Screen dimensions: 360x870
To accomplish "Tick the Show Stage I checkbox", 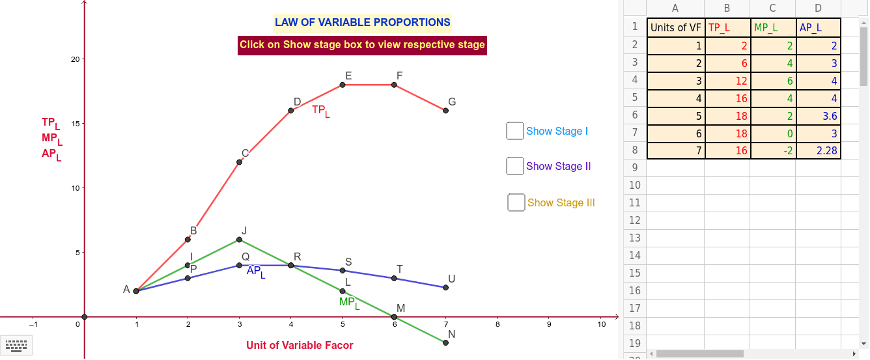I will [515, 131].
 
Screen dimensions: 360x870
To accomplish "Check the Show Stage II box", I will [515, 166].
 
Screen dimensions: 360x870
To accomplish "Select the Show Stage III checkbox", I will [516, 202].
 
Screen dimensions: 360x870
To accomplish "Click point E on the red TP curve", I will [343, 85].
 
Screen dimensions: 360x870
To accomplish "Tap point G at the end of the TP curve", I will [445, 111].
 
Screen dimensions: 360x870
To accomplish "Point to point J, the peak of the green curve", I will [239, 240].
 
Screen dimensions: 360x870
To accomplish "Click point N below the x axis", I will [445, 342].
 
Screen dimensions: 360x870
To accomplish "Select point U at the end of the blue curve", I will [445, 287].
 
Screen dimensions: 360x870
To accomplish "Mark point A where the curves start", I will [136, 291].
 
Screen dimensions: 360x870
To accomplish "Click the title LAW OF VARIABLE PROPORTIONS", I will [362, 22].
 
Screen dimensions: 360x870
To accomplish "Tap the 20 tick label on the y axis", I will [75, 59].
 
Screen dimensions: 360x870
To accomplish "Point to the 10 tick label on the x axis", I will [601, 324].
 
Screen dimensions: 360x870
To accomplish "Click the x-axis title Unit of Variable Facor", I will [300, 345].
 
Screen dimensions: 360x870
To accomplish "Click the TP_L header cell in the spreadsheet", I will [727, 27].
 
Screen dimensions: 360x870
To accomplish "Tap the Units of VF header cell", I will [675, 27].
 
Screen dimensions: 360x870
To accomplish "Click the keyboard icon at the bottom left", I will [18, 345].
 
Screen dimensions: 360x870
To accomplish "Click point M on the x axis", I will [394, 317].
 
